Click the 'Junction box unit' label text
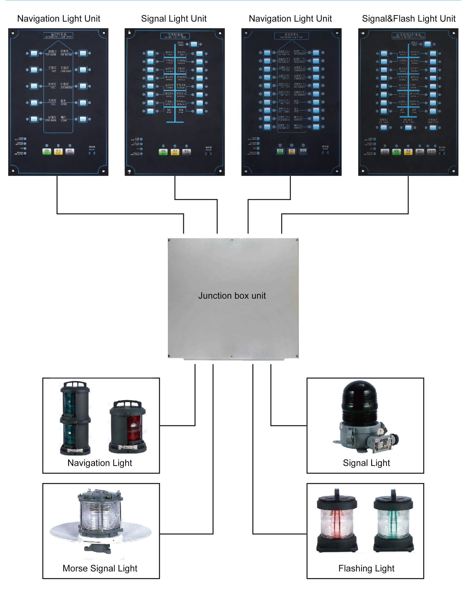232,296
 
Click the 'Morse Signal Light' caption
100,568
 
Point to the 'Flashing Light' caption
366,568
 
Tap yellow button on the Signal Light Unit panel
175,152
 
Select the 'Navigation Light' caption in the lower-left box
100,463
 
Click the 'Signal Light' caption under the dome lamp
366,463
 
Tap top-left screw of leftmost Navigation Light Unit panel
13,33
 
